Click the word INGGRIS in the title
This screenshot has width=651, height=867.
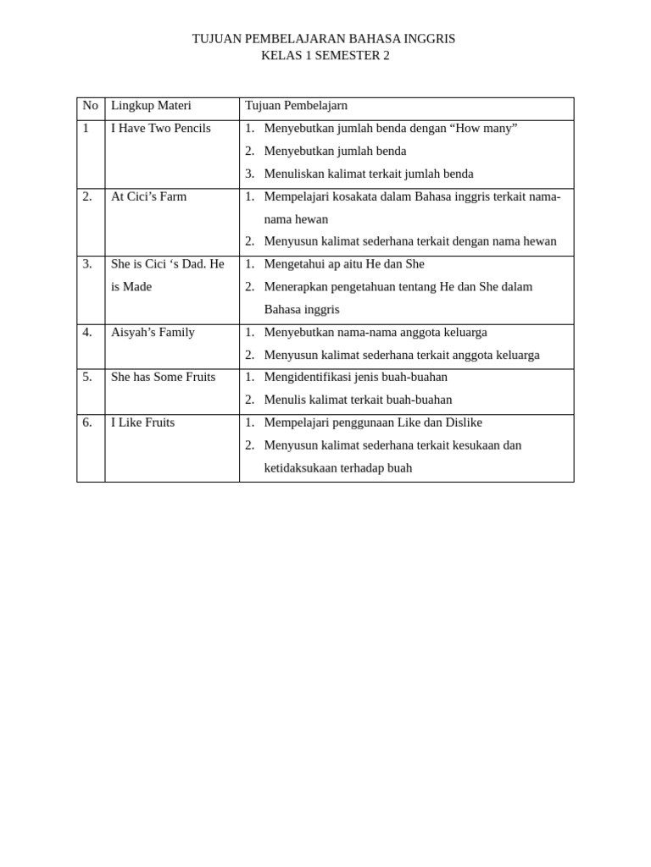pos(429,39)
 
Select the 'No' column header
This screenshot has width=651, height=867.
pos(90,106)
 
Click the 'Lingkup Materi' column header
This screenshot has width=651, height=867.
pos(151,106)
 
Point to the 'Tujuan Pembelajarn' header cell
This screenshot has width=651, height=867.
pos(296,106)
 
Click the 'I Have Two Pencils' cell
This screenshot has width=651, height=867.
pos(161,129)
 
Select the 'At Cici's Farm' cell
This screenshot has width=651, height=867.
pos(148,196)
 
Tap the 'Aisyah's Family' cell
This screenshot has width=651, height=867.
pos(153,333)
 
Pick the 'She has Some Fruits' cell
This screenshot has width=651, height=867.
pos(163,378)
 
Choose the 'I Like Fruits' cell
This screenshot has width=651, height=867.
pos(142,422)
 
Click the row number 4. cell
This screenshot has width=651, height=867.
pos(87,333)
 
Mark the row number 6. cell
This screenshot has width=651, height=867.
pos(87,422)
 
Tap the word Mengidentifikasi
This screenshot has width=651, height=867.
pos(309,378)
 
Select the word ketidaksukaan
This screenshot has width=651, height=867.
pos(302,468)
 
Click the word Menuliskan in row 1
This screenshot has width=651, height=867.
pos(293,174)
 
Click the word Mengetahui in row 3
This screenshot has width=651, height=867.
pos(293,264)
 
